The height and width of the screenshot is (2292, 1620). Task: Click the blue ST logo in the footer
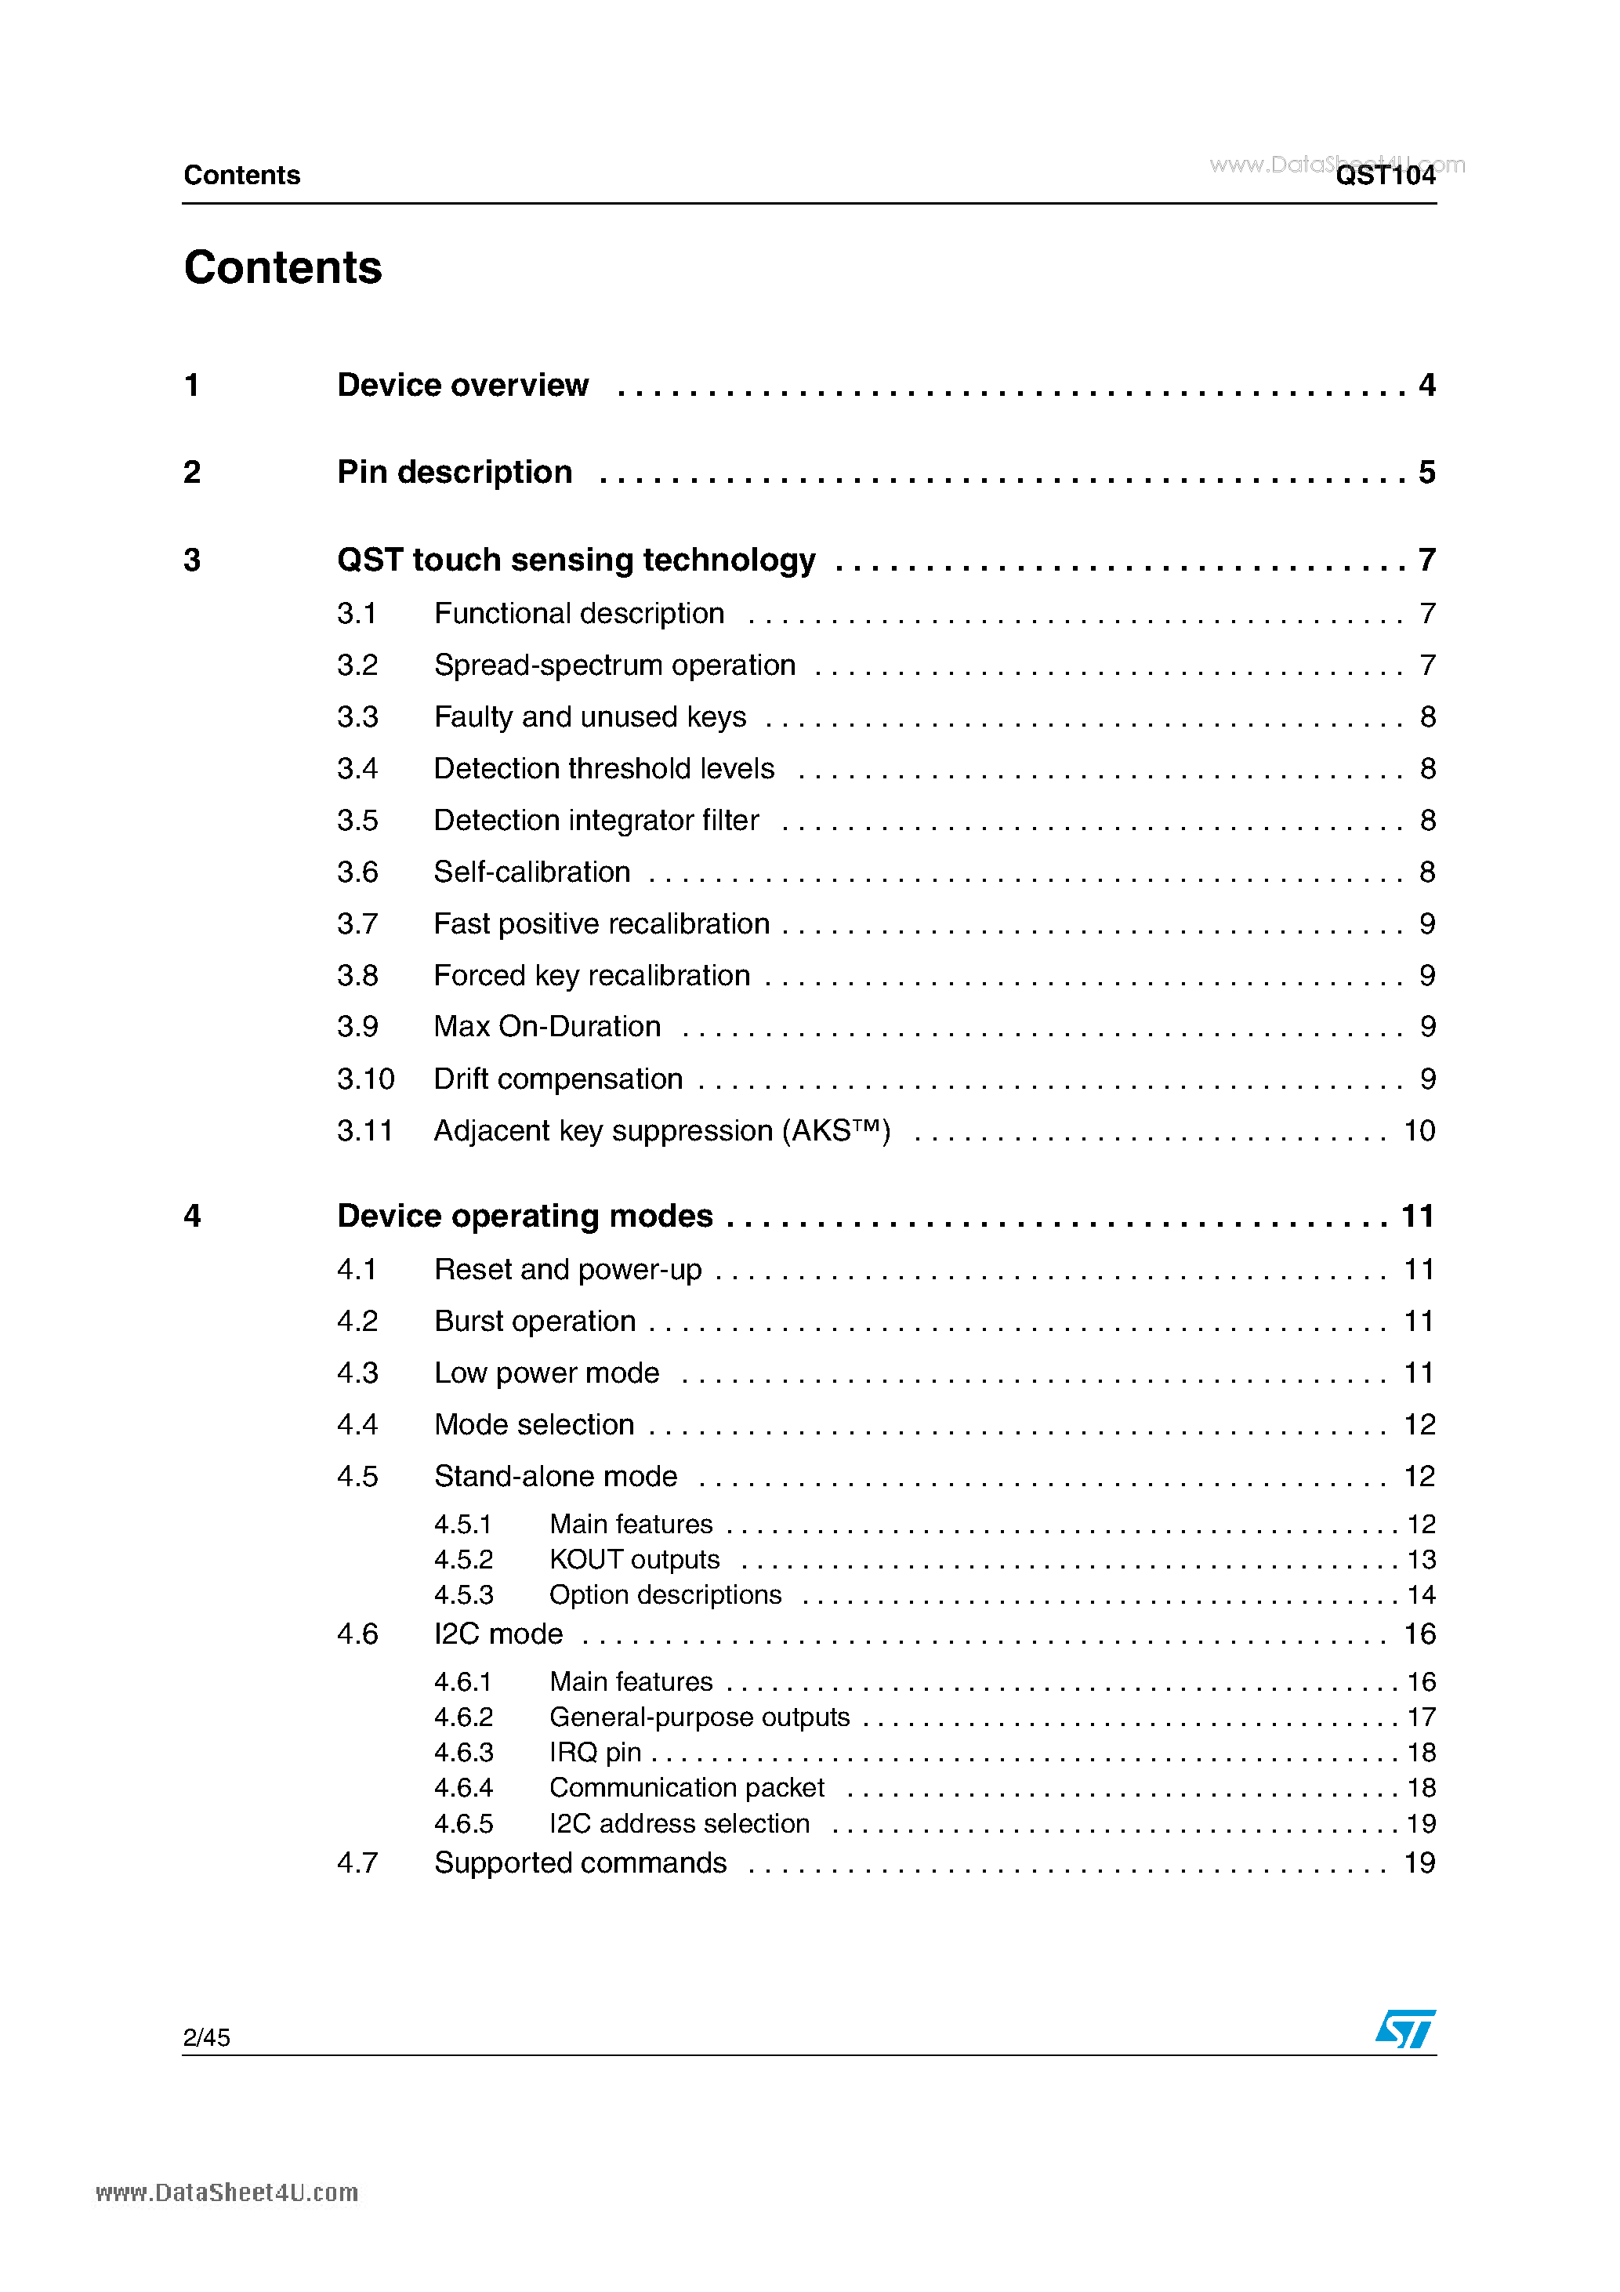(x=1404, y=2028)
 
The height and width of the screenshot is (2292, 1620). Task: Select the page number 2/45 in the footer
(x=207, y=2037)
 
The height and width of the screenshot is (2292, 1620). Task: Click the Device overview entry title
(x=462, y=386)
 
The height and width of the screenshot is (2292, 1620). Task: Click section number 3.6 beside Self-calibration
(x=357, y=872)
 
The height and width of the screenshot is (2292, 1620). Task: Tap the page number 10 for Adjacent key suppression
(x=1419, y=1131)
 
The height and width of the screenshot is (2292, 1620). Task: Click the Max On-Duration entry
(x=547, y=1027)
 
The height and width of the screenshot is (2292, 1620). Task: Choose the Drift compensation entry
(x=558, y=1079)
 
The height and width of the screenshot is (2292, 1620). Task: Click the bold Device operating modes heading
(x=525, y=1216)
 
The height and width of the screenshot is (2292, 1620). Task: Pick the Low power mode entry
(x=546, y=1373)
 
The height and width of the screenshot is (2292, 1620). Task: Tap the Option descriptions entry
(x=665, y=1595)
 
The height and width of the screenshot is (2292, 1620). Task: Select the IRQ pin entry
(x=595, y=1753)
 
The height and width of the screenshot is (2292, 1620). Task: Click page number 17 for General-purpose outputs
(x=1420, y=1718)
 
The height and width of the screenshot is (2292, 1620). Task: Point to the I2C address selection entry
(x=679, y=1824)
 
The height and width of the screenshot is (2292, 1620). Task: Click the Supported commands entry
(x=580, y=1864)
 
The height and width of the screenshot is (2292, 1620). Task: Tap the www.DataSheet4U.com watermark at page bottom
(x=227, y=2193)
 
